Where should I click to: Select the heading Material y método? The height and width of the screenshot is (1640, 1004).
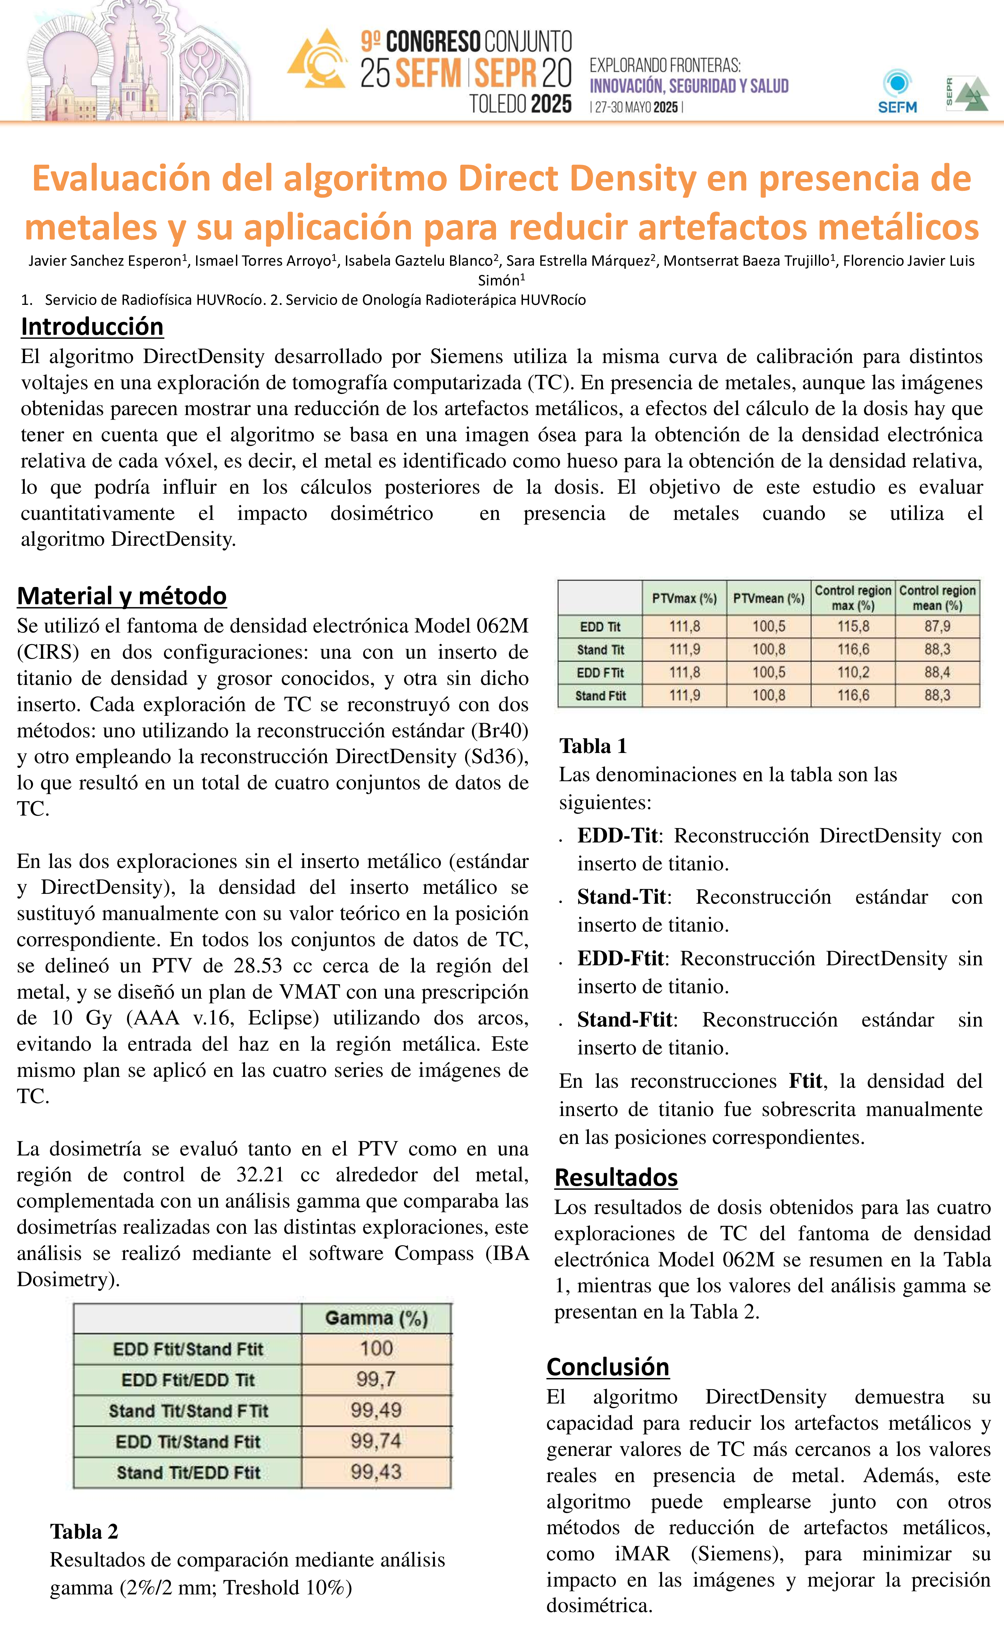pos(122,596)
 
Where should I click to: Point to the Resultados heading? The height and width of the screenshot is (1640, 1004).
pos(616,1177)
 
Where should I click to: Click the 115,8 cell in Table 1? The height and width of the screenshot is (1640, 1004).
pos(853,626)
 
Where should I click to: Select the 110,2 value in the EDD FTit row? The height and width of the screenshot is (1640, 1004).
pos(853,672)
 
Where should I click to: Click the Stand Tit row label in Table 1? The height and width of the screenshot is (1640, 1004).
pos(601,650)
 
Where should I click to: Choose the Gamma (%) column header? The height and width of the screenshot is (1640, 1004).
pos(376,1318)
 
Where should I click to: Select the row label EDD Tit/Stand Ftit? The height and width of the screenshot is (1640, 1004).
pos(188,1442)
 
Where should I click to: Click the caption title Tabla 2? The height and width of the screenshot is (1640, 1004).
pos(84,1531)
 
